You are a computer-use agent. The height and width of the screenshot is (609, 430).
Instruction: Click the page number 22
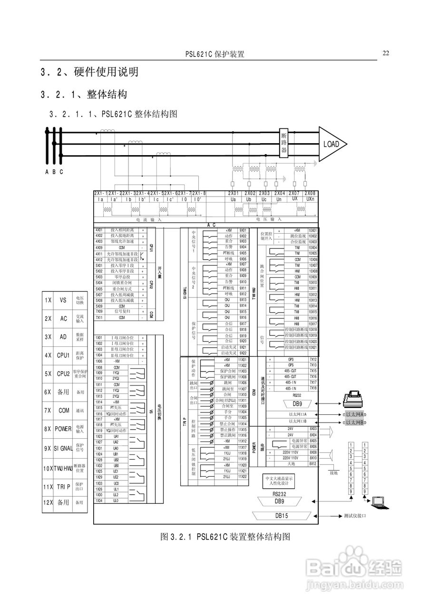coord(386,53)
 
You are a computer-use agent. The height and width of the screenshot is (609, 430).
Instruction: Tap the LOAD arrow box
coord(332,144)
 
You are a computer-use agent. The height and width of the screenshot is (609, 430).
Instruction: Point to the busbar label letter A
coord(47,172)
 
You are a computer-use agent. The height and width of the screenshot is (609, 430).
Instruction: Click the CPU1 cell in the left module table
coord(63,355)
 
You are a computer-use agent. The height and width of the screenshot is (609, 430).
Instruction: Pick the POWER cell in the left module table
coord(63,429)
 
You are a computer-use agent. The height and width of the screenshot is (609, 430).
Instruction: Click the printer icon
coord(352,398)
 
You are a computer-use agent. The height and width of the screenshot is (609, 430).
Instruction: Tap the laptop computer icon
coord(379,502)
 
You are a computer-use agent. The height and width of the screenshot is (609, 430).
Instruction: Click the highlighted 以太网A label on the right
coord(354,414)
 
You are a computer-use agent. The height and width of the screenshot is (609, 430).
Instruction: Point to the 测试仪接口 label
coord(355,516)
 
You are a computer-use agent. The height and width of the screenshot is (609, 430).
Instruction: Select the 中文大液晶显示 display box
coord(280,481)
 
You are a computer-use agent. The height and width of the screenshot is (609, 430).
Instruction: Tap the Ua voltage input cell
coord(233,200)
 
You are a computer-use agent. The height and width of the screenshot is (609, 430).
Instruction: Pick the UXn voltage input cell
coord(310,200)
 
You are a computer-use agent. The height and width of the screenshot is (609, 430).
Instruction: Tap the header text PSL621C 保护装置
coord(215,54)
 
